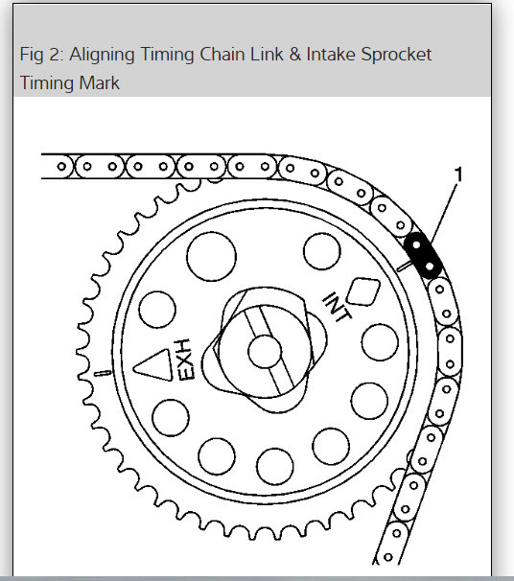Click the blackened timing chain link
423,255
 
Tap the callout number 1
458,174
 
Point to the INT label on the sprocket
337,307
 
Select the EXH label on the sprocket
184,360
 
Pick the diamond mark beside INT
363,292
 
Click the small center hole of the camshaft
265,352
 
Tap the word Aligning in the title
102,55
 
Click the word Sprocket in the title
396,55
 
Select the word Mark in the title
99,82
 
